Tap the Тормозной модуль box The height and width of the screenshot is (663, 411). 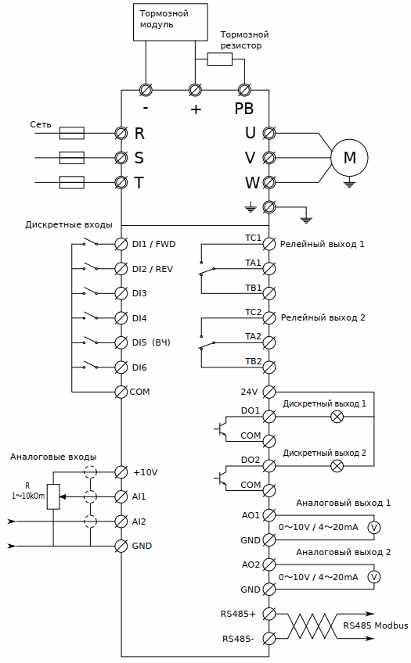[170, 22]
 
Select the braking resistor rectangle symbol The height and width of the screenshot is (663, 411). [220, 59]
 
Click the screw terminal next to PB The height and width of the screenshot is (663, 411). [243, 90]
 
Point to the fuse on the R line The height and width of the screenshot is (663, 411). [71, 133]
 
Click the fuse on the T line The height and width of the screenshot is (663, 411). [71, 183]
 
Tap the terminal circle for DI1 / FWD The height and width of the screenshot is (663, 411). [121, 244]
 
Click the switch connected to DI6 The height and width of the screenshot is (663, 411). [91, 365]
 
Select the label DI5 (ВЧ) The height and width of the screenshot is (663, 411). [151, 342]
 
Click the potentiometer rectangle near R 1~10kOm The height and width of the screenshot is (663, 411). [53, 496]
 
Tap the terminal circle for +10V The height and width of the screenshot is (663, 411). [121, 472]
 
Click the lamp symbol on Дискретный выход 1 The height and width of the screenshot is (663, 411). [337, 417]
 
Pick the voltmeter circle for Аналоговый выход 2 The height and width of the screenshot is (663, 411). [373, 577]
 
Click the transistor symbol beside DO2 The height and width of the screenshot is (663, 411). [222, 478]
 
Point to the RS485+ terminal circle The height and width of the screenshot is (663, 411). [269, 614]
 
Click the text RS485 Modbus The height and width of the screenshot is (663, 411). [376, 625]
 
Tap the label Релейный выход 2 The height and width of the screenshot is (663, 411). [323, 317]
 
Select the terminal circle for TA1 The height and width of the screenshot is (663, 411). [269, 268]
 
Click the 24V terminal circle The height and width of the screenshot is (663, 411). [269, 392]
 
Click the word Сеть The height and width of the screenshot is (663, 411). [41, 124]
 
